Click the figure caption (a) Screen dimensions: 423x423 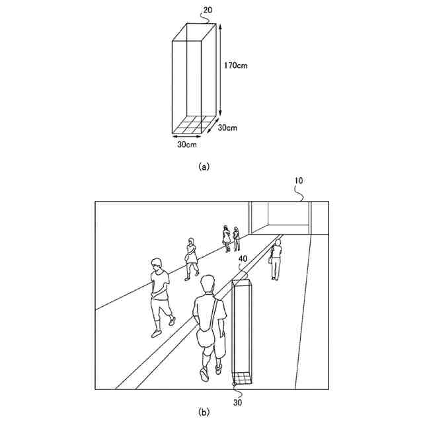click(204, 167)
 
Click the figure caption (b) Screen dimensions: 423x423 click(205, 412)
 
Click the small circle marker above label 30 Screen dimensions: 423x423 click(234, 383)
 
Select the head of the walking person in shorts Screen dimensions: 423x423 click(157, 264)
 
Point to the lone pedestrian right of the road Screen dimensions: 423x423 click(276, 260)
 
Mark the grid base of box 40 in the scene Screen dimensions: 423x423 click(243, 379)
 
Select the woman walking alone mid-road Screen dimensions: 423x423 click(191, 258)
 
